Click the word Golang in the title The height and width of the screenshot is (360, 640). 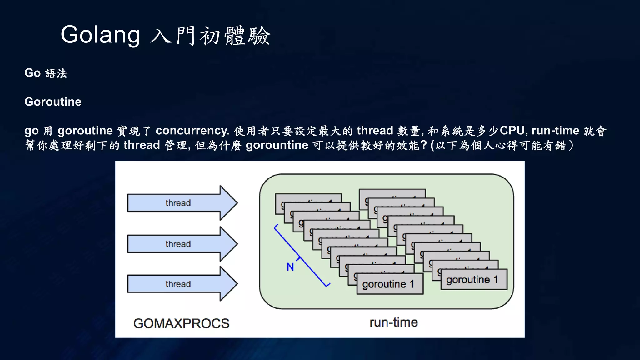coord(100,35)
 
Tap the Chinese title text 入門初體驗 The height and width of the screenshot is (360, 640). coord(210,36)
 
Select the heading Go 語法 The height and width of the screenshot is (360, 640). coord(46,73)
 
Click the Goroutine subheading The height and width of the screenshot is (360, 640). coord(53,102)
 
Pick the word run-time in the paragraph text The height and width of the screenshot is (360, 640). coord(555,131)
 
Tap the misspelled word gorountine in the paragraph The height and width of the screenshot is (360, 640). coord(277,145)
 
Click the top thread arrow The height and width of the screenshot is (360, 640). coord(182,203)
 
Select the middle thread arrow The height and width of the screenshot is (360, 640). coord(182,244)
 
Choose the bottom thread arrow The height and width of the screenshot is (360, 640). coord(182,284)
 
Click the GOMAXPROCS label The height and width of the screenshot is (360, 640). coord(181,323)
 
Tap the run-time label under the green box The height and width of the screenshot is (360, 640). coord(393,322)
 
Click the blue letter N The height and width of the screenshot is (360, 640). coord(290,267)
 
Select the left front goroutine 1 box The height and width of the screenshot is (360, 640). coord(390,284)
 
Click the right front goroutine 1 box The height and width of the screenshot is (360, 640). coord(474,280)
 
